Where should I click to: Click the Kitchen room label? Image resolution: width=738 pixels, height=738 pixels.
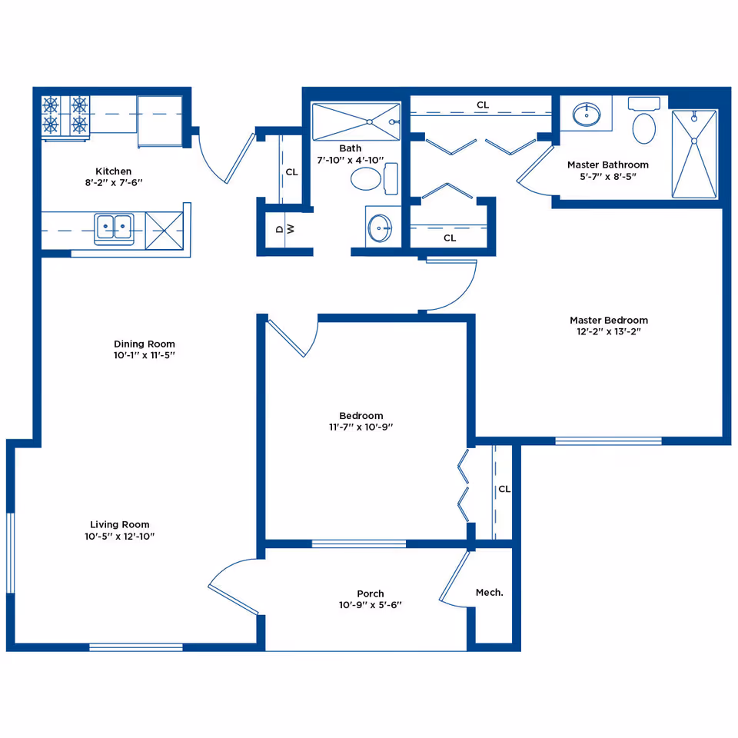pyautogui.click(x=114, y=171)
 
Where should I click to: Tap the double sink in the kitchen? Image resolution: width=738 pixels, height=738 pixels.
pyautogui.click(x=114, y=228)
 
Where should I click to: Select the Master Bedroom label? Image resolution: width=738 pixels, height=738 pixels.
pyautogui.click(x=609, y=320)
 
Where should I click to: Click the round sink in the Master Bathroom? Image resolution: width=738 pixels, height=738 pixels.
pyautogui.click(x=587, y=115)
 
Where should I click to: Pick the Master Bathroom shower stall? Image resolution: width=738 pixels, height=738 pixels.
pyautogui.click(x=694, y=154)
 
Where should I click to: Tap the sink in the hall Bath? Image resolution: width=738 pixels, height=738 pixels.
pyautogui.click(x=379, y=228)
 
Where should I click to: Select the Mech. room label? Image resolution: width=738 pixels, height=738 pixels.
pyautogui.click(x=490, y=593)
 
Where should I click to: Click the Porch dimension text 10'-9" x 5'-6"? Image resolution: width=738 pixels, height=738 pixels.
pyautogui.click(x=371, y=605)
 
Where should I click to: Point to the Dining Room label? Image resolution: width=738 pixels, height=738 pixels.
pyautogui.click(x=144, y=344)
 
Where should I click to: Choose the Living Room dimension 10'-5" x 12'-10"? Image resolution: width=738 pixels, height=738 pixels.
pyautogui.click(x=120, y=536)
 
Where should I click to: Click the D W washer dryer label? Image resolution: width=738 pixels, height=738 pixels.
pyautogui.click(x=285, y=229)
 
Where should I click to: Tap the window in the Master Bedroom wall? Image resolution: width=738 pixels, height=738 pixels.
pyautogui.click(x=608, y=441)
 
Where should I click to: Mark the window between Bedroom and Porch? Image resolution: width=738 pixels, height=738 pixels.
pyautogui.click(x=359, y=544)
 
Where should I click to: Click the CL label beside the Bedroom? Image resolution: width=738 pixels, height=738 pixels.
pyautogui.click(x=504, y=489)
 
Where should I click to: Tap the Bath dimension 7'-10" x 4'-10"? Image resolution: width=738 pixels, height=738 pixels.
pyautogui.click(x=351, y=160)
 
